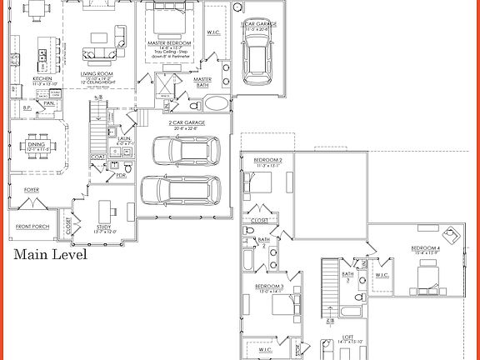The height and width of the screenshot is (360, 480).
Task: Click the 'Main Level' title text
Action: pyautogui.click(x=50, y=255)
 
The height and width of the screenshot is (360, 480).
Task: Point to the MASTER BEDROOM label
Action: pyautogui.click(x=171, y=42)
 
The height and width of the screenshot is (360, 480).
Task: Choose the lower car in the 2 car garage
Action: pyautogui.click(x=182, y=191)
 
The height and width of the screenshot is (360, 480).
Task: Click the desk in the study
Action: pyautogui.click(x=107, y=208)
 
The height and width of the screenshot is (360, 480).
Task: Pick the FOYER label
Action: pyautogui.click(x=31, y=190)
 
